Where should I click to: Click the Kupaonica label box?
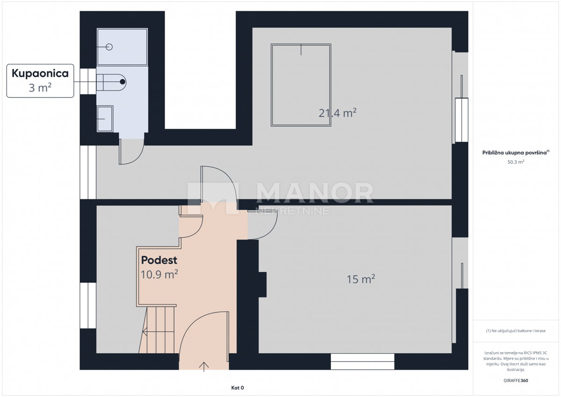(x=40, y=80)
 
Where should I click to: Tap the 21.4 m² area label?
(x=338, y=113)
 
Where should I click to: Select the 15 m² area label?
(x=360, y=279)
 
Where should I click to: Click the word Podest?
(x=159, y=260)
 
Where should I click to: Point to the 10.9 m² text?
(x=159, y=274)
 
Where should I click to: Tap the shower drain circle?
(x=109, y=47)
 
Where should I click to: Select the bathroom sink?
(x=105, y=119)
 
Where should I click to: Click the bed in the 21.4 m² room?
(x=301, y=85)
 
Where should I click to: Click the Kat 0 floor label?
(x=237, y=388)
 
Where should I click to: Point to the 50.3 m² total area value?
(x=516, y=162)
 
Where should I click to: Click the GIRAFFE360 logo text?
(x=516, y=381)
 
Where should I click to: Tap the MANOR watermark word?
(x=315, y=193)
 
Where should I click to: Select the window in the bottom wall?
(x=362, y=361)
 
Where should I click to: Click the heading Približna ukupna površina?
(x=516, y=152)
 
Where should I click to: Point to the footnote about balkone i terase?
(x=516, y=331)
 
